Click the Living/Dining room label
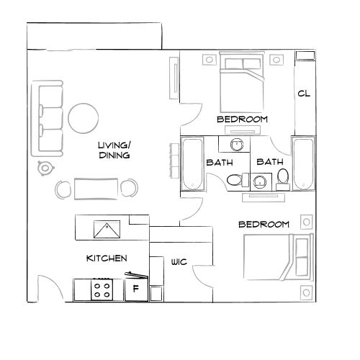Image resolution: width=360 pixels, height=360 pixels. pyautogui.click(x=114, y=150)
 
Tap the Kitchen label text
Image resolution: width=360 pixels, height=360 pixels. pyautogui.click(x=107, y=258)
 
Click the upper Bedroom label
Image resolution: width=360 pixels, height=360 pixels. pyautogui.click(x=242, y=119)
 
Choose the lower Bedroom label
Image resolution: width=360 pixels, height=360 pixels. pyautogui.click(x=264, y=225)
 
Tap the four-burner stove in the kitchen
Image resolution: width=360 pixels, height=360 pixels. pyautogui.click(x=102, y=290)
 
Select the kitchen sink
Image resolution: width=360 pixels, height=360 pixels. pyautogui.click(x=107, y=229)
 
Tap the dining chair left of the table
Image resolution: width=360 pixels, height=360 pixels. pyautogui.click(x=63, y=189)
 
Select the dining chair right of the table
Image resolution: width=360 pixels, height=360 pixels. pyautogui.click(x=129, y=189)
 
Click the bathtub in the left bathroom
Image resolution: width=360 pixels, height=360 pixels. pyautogui.click(x=192, y=163)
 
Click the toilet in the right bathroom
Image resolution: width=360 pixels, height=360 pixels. pyautogui.click(x=283, y=175)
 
